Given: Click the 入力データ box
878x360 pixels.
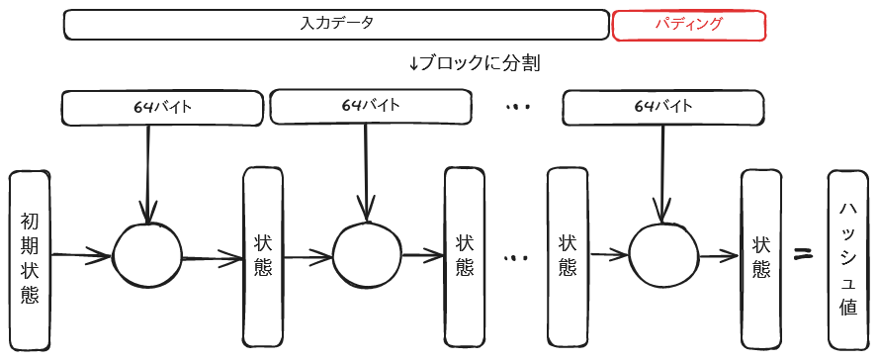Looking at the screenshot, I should (x=336, y=25).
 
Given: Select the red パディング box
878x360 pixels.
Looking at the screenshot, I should (x=689, y=25).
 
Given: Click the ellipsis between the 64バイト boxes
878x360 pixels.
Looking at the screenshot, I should (x=517, y=107).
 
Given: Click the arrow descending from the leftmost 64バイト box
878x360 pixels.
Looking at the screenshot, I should (x=148, y=173).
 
